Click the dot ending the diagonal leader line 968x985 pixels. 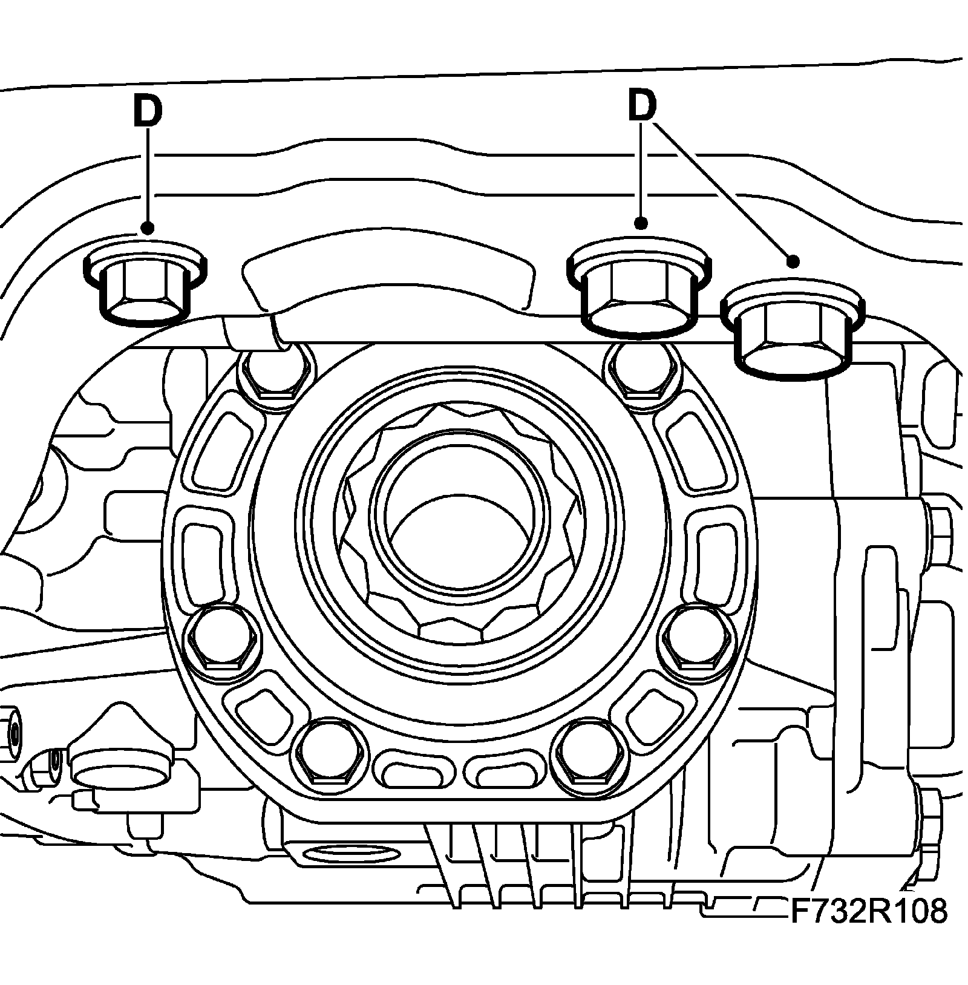click(x=793, y=261)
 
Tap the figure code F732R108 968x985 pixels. click(x=868, y=911)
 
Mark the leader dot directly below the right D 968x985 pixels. click(x=641, y=224)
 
